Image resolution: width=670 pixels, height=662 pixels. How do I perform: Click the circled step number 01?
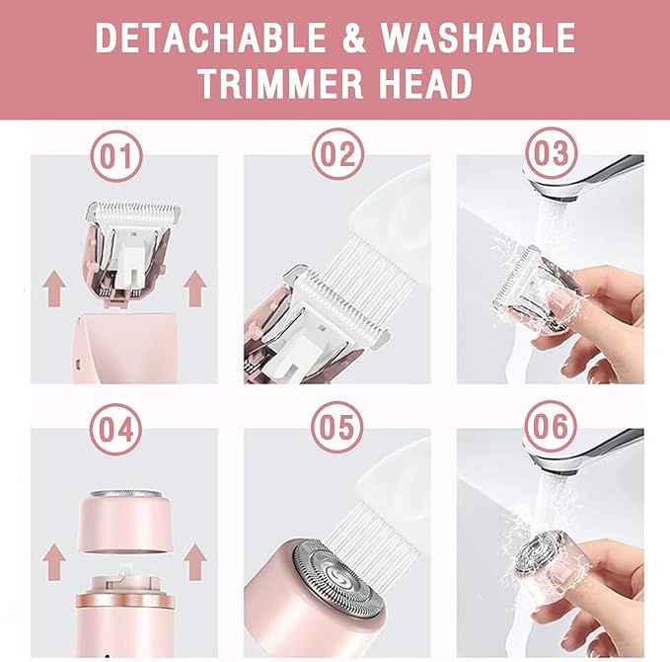[x=115, y=156]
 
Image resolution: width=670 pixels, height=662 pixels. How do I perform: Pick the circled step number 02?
[x=338, y=156]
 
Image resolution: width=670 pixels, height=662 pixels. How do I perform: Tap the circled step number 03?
[x=552, y=156]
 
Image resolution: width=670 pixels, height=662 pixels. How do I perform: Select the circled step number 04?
[x=115, y=429]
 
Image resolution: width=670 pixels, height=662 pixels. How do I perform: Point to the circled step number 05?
[x=338, y=429]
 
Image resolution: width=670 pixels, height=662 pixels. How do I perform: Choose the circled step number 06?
[x=552, y=429]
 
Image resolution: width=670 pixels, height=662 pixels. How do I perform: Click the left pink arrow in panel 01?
[x=54, y=290]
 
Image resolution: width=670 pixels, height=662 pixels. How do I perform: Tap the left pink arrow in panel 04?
[x=54, y=560]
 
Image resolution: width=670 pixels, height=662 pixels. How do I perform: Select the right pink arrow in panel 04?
[x=194, y=560]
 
